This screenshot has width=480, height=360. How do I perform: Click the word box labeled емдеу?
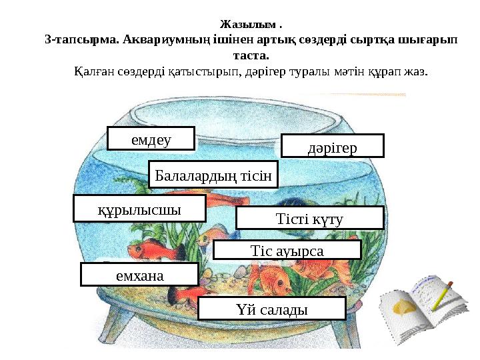(151, 139)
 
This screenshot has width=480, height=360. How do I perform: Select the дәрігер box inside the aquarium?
(333, 145)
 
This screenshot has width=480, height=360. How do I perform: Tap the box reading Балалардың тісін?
(213, 175)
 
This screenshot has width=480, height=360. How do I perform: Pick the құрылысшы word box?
(139, 208)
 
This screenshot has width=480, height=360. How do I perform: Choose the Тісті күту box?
(310, 218)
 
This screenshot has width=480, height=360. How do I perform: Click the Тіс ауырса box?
(287, 250)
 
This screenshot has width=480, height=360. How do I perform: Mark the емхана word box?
(139, 274)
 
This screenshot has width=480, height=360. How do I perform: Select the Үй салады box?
(272, 309)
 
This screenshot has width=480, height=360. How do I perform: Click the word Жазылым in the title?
(247, 25)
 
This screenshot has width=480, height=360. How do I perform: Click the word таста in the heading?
(248, 55)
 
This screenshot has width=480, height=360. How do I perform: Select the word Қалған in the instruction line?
(94, 70)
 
